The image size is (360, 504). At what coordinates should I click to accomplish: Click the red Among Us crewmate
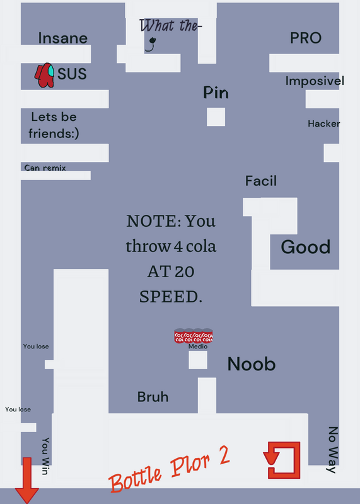(44, 75)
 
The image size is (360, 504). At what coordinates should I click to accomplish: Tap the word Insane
(63, 38)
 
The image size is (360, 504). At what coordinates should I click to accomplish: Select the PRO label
(306, 38)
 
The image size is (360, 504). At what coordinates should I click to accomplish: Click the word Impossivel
(315, 81)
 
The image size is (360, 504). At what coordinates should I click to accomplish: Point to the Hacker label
(323, 123)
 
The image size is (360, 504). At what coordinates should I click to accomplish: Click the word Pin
(216, 93)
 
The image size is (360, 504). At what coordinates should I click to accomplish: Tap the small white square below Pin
(216, 117)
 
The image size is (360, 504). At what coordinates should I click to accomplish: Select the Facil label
(261, 181)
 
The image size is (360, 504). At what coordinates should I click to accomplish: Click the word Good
(306, 247)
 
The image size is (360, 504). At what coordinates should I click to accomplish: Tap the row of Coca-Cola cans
(194, 336)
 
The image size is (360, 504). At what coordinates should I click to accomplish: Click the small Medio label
(198, 346)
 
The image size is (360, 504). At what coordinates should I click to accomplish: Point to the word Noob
(252, 364)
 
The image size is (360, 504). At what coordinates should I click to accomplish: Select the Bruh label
(153, 397)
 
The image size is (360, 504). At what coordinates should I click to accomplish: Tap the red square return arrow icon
(282, 460)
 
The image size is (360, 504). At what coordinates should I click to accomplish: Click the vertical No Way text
(333, 450)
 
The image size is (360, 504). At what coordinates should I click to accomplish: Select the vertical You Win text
(45, 455)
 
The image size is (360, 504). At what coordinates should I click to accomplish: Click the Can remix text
(45, 168)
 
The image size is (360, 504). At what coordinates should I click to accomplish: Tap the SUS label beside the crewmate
(72, 74)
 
